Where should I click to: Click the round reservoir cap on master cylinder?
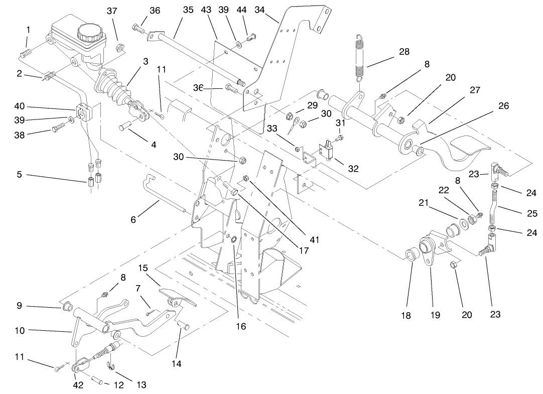[89, 34]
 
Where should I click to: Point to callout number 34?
[259, 10]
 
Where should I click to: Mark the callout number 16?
[241, 326]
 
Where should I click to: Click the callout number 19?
[435, 315]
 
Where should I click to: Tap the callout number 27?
[475, 90]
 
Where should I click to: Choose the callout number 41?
[315, 240]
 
